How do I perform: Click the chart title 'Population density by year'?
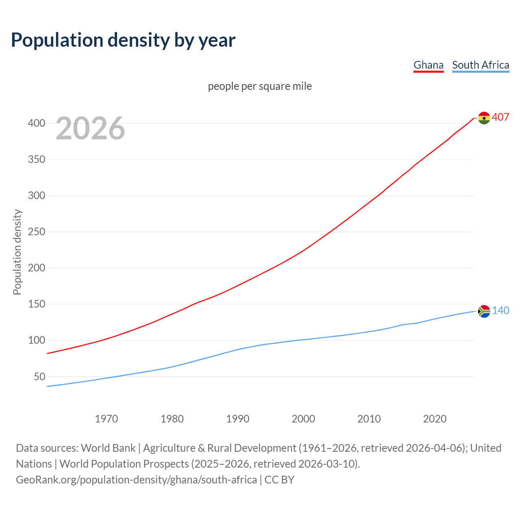(x=123, y=40)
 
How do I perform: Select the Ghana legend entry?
(x=428, y=65)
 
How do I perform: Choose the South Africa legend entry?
(x=480, y=65)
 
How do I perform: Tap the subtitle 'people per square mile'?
(x=260, y=86)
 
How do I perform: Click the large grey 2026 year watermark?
(x=90, y=128)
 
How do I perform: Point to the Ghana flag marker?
(x=484, y=118)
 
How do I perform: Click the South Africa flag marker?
(x=484, y=311)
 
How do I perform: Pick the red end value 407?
(x=500, y=117)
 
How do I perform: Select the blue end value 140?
(x=500, y=311)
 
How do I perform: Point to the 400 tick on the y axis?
(x=37, y=123)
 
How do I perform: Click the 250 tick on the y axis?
(x=37, y=232)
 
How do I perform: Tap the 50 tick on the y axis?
(x=39, y=377)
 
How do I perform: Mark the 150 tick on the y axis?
(x=37, y=304)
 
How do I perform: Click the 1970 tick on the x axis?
(x=106, y=419)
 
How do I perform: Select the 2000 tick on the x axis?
(x=303, y=419)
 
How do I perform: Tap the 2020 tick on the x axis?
(x=435, y=419)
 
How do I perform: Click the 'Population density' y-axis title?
(x=17, y=252)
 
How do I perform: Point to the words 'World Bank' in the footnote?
(x=108, y=448)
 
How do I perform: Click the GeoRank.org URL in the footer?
(x=136, y=480)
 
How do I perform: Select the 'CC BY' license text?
(x=279, y=480)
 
